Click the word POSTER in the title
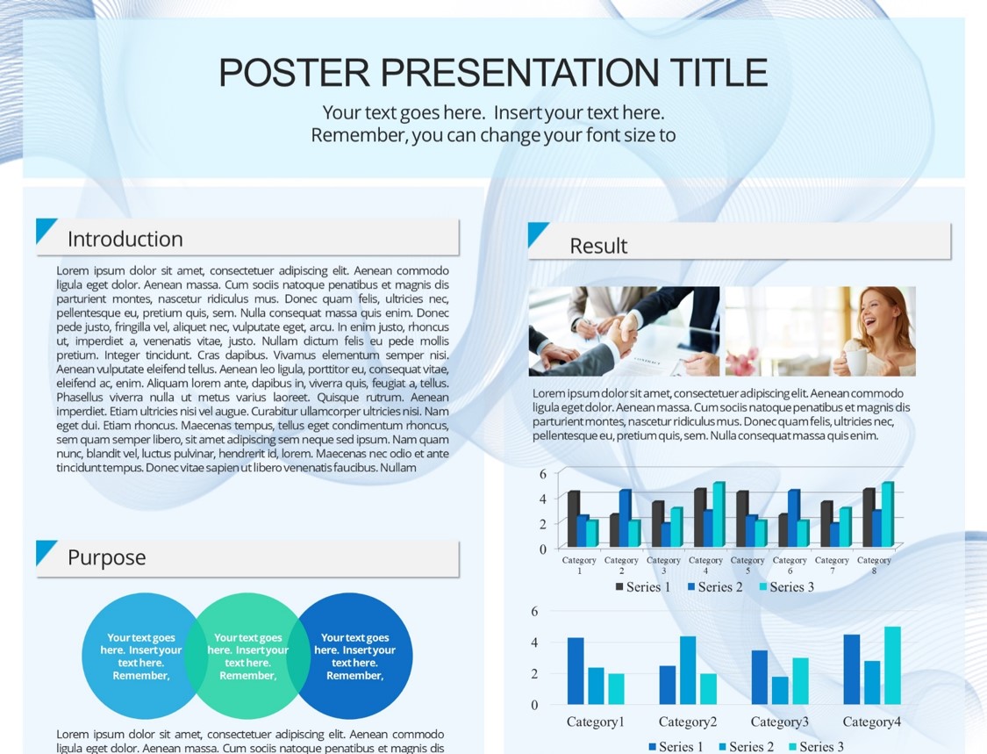click(294, 73)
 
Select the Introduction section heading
click(125, 240)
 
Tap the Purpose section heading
click(106, 557)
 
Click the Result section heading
click(598, 246)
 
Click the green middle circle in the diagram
click(247, 656)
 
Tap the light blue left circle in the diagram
click(135, 656)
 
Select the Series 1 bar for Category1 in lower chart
click(576, 671)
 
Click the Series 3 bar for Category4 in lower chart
click(892, 665)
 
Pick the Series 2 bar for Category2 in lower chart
click(688, 671)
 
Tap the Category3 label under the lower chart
click(779, 722)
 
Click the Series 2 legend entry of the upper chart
click(715, 587)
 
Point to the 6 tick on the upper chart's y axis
click(542, 474)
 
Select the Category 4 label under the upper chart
click(705, 565)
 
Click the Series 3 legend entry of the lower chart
click(816, 747)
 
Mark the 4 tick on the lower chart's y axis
click(534, 643)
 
